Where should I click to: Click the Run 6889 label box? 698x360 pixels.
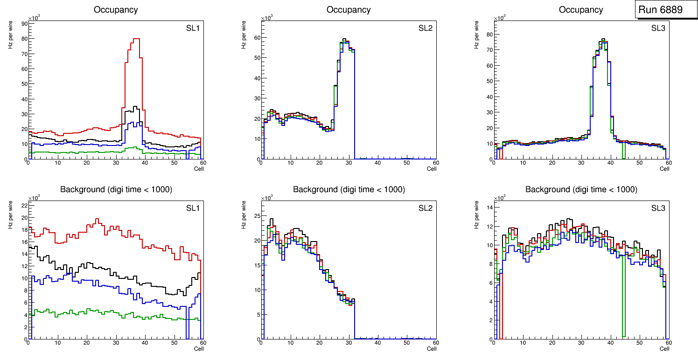click(663, 10)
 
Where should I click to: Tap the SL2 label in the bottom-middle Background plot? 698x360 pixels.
click(426, 208)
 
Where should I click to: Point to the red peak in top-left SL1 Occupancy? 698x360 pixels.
click(136, 39)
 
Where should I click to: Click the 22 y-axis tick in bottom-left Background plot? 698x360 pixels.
click(23, 205)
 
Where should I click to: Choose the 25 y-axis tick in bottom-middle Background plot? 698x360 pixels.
click(256, 216)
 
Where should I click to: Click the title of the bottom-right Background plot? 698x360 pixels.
click(581, 189)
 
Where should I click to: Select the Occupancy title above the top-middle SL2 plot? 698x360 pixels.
click(349, 10)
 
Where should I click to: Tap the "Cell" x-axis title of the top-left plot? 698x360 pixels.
click(199, 169)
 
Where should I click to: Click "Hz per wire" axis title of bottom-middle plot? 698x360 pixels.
click(244, 214)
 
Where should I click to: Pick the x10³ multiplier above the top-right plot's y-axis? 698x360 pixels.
click(500, 18)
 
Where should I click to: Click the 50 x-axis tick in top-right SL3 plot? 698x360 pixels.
click(639, 163)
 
